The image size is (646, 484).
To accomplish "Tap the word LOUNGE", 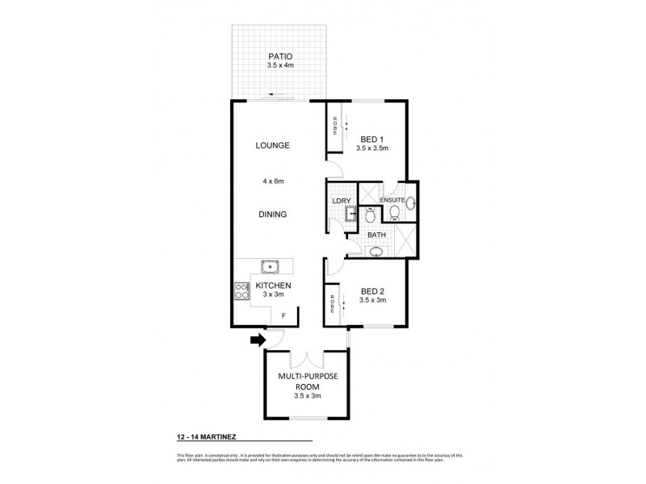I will [272, 145].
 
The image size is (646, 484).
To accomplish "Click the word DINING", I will [272, 214].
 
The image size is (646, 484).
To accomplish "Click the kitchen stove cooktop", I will [241, 290].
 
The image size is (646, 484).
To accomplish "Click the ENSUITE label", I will [392, 198].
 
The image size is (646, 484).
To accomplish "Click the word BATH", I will [377, 235].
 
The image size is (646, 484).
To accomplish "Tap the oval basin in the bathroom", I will [375, 252].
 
